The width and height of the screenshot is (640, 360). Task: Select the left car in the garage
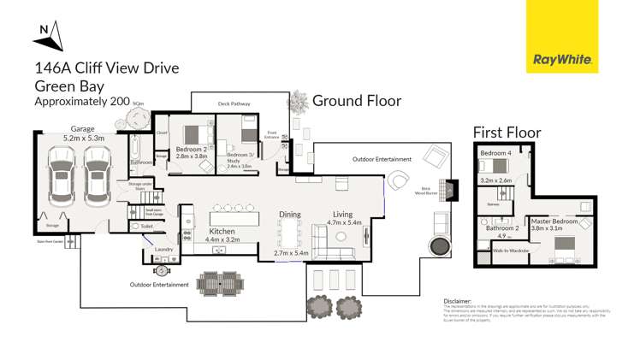(62, 177)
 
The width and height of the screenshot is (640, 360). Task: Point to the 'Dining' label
(290, 215)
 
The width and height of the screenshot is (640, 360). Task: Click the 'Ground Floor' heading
(356, 101)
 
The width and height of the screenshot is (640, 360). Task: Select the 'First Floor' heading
(507, 133)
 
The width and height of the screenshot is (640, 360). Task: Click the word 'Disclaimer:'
(458, 301)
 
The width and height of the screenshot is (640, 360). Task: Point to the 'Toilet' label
(147, 227)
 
